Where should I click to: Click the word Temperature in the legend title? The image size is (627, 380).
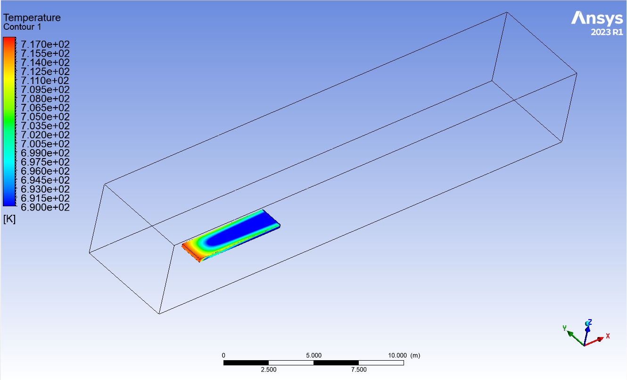coord(32,17)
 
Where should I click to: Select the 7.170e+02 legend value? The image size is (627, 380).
coord(45,44)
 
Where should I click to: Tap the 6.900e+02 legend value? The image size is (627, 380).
coord(45,207)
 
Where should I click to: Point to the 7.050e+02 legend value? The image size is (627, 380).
coord(45,117)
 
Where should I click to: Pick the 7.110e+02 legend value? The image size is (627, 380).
coord(45,80)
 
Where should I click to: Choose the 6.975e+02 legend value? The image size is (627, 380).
coord(45,162)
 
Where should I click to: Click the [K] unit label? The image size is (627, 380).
coord(9,219)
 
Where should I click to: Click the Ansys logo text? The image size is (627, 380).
coord(597,18)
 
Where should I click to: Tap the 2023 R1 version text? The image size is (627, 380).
coord(607,32)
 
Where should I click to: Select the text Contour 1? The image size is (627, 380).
coord(22,27)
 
